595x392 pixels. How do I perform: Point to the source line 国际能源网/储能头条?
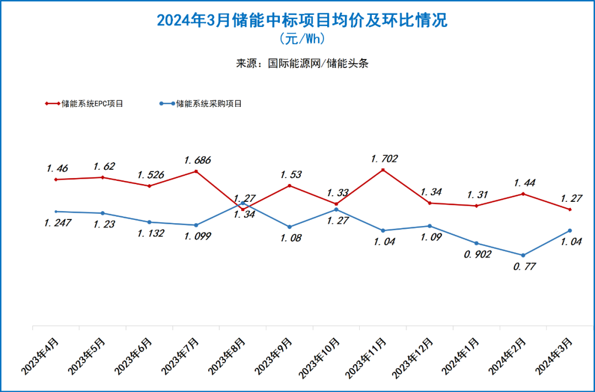pyautogui.click(x=302, y=63)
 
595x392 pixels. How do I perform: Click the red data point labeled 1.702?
pyautogui.click(x=383, y=170)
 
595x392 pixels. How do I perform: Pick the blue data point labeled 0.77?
pyautogui.click(x=523, y=255)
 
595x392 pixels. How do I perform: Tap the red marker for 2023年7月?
pyautogui.click(x=196, y=171)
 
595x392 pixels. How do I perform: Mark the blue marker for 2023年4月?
pyautogui.click(x=56, y=211)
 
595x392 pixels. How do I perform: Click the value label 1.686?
pyautogui.click(x=197, y=160)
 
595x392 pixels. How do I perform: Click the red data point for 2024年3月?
pyautogui.click(x=570, y=210)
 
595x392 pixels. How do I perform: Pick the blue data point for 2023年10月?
pyautogui.click(x=336, y=210)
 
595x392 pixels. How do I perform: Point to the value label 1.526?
pyautogui.click(x=150, y=174)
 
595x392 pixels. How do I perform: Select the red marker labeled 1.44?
pyautogui.click(x=523, y=194)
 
